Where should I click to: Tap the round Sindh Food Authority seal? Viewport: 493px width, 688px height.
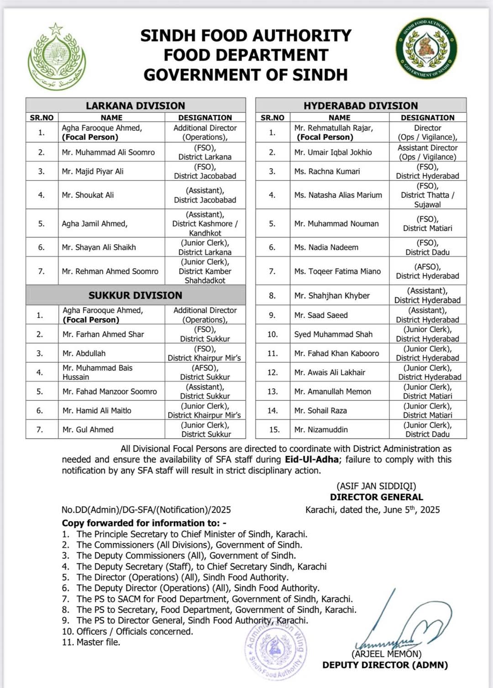click(426, 48)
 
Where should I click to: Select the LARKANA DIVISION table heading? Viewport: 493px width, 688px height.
click(135, 105)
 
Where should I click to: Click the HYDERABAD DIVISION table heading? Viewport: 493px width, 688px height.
click(361, 105)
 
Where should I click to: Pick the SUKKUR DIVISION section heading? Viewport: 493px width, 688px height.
click(135, 295)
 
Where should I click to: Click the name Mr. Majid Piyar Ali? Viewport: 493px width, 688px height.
click(93, 171)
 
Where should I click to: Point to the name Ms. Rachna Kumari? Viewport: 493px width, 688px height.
click(327, 171)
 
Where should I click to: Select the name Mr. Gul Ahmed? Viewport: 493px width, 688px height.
click(88, 429)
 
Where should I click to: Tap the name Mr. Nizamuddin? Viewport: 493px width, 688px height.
click(321, 429)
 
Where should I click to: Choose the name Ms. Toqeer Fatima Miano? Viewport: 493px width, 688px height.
click(337, 271)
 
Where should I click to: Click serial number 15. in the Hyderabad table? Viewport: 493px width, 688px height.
click(273, 429)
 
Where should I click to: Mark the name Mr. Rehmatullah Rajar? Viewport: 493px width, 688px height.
click(334, 128)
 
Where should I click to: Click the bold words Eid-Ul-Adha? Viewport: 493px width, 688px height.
click(312, 460)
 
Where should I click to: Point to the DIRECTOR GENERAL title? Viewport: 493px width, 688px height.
click(377, 497)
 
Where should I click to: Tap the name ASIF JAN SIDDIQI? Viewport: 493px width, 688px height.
click(377, 486)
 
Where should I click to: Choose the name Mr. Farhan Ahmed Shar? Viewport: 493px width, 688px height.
click(103, 334)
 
